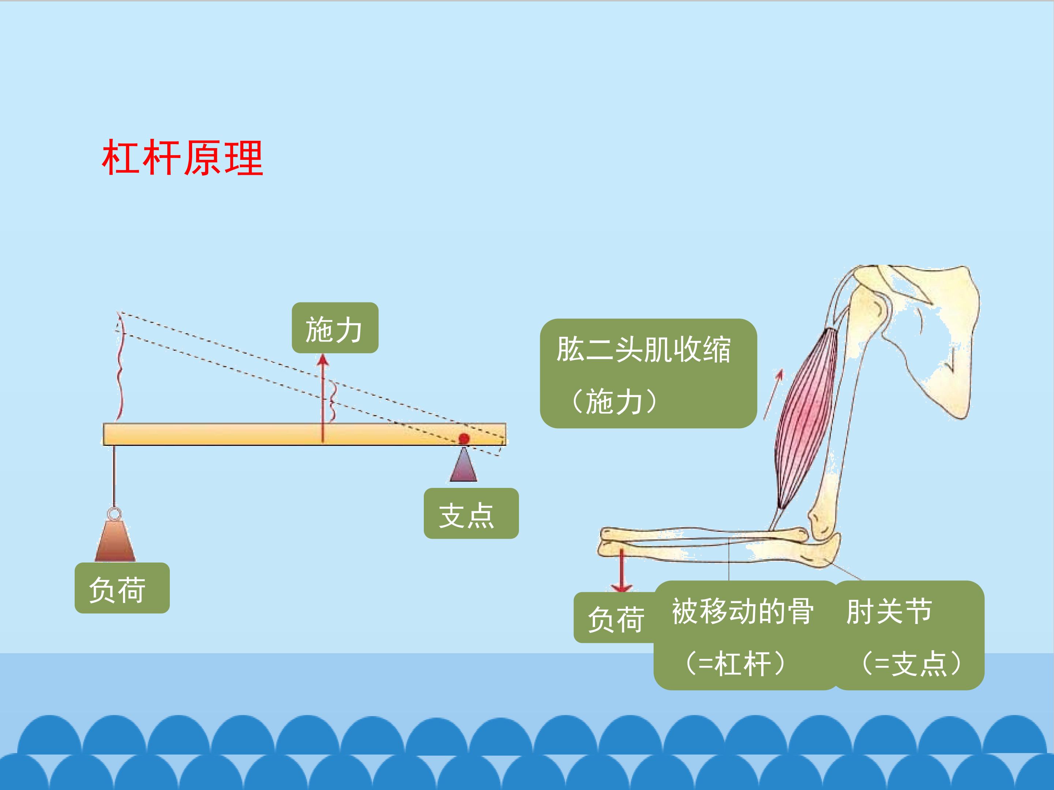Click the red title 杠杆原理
pyautogui.click(x=183, y=158)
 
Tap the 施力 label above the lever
pyautogui.click(x=335, y=328)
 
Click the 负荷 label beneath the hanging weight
pyautogui.click(x=122, y=588)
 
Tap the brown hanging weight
pyautogui.click(x=115, y=541)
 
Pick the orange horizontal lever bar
pyautogui.click(x=304, y=434)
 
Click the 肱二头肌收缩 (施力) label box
pyautogui.click(x=648, y=374)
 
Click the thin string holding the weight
pyautogui.click(x=114, y=477)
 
